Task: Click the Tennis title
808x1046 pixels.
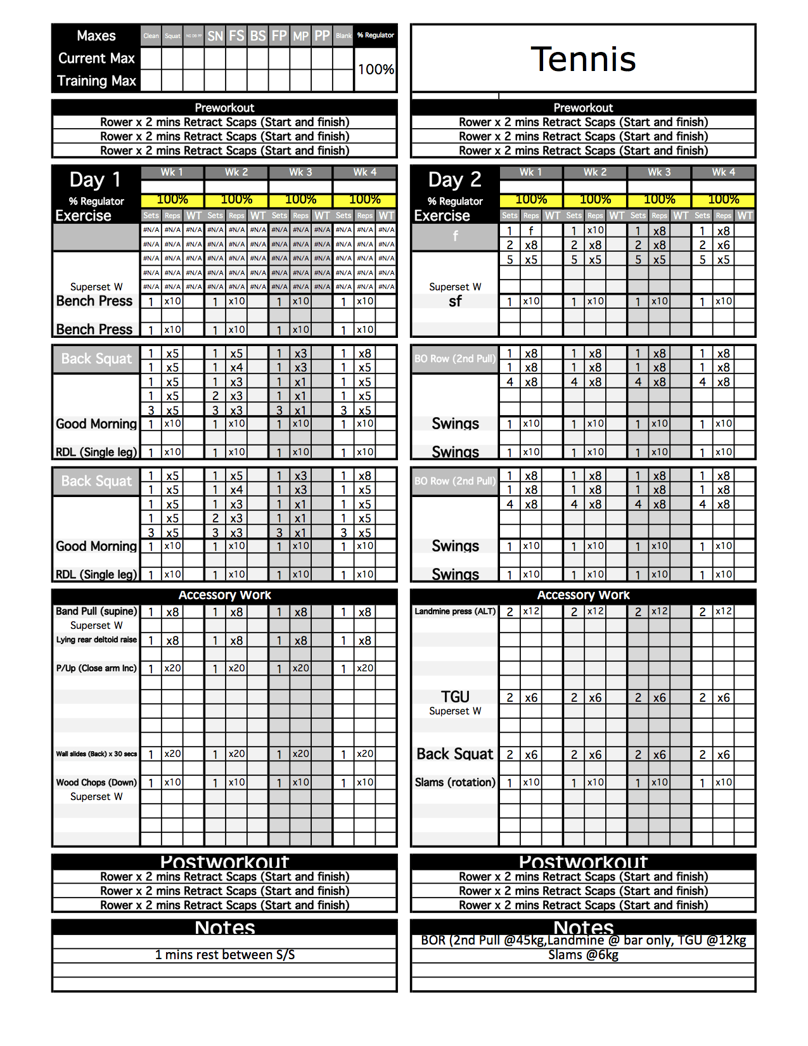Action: [583, 60]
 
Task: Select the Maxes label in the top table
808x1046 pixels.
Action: [96, 36]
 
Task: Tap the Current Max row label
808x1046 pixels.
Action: [96, 58]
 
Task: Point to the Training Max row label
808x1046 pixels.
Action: [96, 81]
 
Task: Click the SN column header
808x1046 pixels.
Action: [215, 36]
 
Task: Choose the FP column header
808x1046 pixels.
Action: [279, 36]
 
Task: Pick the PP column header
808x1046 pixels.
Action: [323, 36]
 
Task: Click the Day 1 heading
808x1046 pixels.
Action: [95, 180]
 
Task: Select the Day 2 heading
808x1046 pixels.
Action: [454, 180]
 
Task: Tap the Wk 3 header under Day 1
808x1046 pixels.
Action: [300, 172]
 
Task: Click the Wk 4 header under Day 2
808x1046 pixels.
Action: [723, 172]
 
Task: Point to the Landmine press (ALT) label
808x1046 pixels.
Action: [455, 612]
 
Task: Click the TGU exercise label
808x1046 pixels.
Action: [455, 697]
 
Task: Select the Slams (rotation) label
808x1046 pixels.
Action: [455, 782]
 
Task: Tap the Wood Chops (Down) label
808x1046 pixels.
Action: [96, 782]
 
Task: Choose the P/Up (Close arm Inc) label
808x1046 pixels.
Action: [96, 668]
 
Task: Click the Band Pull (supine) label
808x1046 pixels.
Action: [96, 611]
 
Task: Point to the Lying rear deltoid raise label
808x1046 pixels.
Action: [96, 640]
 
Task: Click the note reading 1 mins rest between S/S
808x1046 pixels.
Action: [225, 955]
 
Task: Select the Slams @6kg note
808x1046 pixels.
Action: [583, 955]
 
